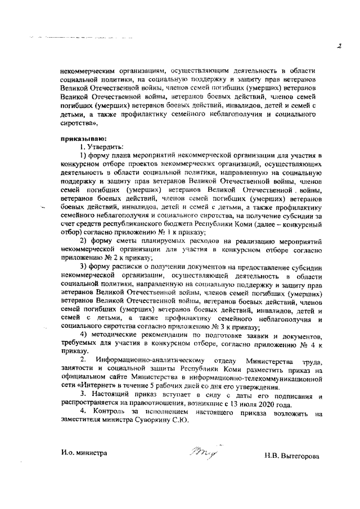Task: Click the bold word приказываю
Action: tap(79, 138)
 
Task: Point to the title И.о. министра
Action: tap(84, 452)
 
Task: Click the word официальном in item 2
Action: tap(87, 379)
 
